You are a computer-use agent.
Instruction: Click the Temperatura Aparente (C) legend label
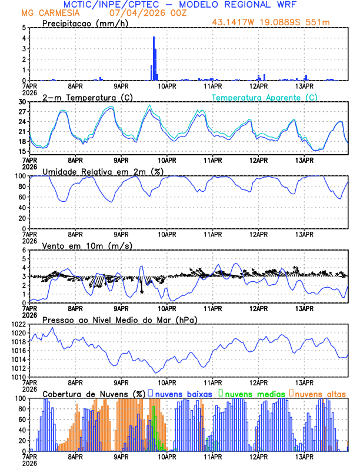coord(265,97)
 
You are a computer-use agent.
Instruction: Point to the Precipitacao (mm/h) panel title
coord(86,23)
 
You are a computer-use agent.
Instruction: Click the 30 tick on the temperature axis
coord(22,102)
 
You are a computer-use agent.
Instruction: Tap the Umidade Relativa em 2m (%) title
coord(103,171)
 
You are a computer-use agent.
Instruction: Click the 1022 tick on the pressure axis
coord(18,324)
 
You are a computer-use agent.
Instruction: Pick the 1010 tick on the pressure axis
coord(18,377)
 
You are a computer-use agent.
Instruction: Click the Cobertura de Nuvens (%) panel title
coord(94,394)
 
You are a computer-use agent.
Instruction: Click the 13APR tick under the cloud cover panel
coord(304,456)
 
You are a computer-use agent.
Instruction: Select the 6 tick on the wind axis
coord(24,250)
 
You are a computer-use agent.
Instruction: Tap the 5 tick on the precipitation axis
coord(24,28)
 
